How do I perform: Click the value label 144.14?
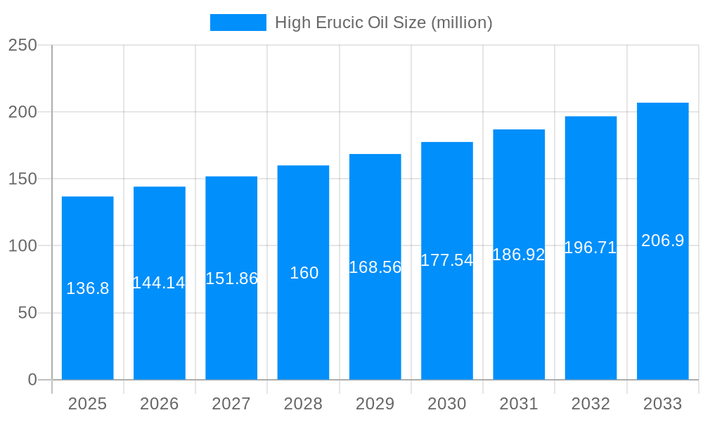(x=159, y=283)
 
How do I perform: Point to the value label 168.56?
(x=375, y=267)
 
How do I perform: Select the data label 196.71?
(x=591, y=248)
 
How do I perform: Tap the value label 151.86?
(x=231, y=279)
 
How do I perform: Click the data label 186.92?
(x=519, y=255)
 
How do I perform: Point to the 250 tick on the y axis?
(x=22, y=45)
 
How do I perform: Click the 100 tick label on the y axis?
(x=22, y=246)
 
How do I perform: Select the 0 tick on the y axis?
(x=32, y=380)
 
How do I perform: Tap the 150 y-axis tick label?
(x=22, y=179)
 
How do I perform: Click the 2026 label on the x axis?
(x=160, y=404)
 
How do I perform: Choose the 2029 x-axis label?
(x=375, y=404)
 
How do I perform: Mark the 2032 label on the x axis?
(x=591, y=404)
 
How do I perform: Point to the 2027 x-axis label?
(x=231, y=404)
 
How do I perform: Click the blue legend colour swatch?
(x=238, y=23)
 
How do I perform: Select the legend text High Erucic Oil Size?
(x=383, y=23)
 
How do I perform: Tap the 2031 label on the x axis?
(x=519, y=404)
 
